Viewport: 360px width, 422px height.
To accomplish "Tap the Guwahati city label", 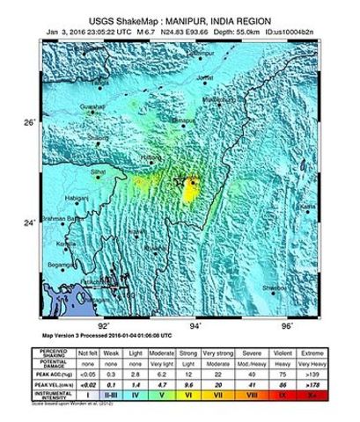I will pos(92,106).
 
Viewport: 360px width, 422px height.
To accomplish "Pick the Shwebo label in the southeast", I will pos(274,287).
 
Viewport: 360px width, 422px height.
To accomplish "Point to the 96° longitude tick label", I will pos(286,324).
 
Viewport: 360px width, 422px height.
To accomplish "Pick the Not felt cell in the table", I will pos(89,351).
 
